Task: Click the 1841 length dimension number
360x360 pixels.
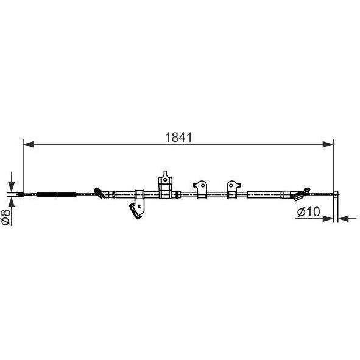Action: click(x=178, y=138)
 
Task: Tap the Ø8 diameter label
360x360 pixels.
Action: click(x=6, y=217)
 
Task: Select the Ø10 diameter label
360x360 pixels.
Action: click(x=308, y=212)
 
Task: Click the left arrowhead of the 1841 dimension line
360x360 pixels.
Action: click(x=29, y=144)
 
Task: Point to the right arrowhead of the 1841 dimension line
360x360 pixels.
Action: click(x=328, y=144)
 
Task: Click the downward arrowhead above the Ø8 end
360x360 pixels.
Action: click(x=11, y=186)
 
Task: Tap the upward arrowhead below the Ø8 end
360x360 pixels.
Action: click(x=11, y=202)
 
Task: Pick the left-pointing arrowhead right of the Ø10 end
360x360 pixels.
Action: click(x=344, y=219)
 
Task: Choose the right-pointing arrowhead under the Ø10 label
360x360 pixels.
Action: click(x=328, y=219)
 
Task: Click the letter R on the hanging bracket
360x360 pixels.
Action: click(x=139, y=206)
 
